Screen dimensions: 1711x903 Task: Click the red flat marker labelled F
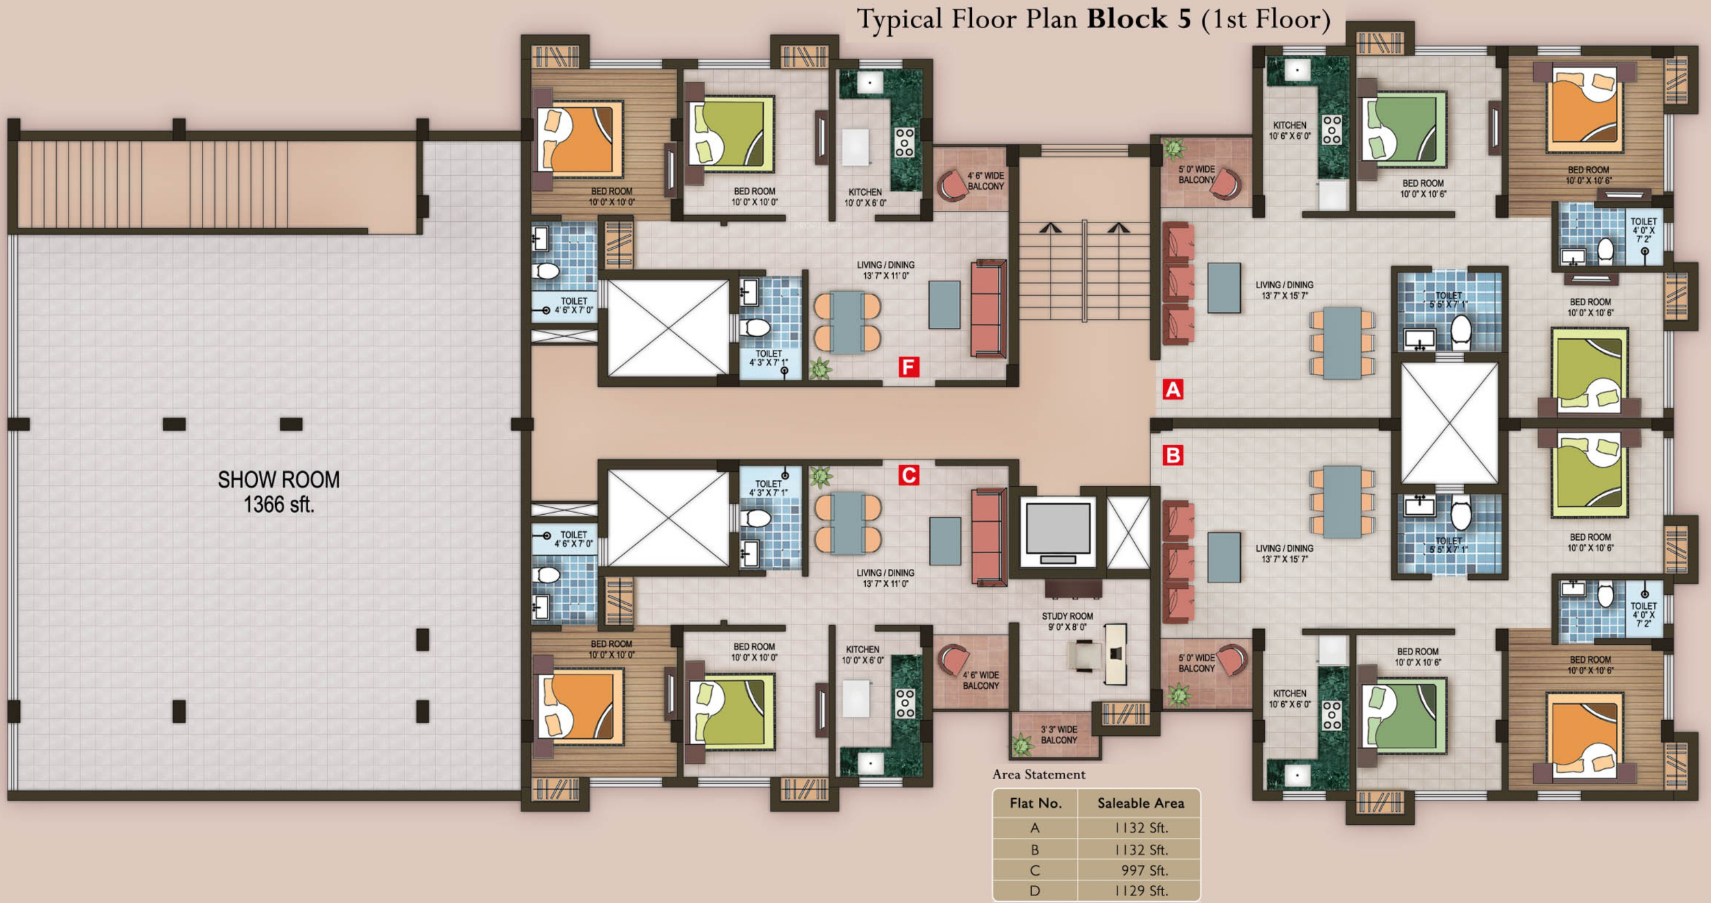(x=908, y=367)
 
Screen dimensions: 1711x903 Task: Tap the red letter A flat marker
(x=1173, y=390)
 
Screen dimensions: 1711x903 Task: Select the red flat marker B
(x=1173, y=455)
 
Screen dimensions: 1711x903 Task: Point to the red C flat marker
(x=909, y=475)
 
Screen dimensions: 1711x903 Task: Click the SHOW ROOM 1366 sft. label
(x=279, y=492)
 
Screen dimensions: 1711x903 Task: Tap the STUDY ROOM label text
(x=1067, y=616)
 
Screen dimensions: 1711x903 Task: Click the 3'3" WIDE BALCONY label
(x=1059, y=735)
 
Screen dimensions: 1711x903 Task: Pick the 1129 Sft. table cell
(x=1141, y=891)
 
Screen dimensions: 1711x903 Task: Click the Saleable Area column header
(x=1140, y=803)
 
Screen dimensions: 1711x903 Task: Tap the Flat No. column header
(x=1035, y=803)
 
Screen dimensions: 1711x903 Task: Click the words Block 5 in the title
(x=1140, y=18)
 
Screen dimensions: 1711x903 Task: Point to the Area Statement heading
(x=1039, y=774)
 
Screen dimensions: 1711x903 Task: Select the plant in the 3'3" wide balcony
(x=1022, y=745)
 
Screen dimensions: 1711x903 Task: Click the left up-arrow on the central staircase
(x=1051, y=227)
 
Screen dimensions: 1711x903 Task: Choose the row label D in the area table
(x=1035, y=891)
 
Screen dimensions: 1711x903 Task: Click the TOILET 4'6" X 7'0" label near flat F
(x=574, y=305)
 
